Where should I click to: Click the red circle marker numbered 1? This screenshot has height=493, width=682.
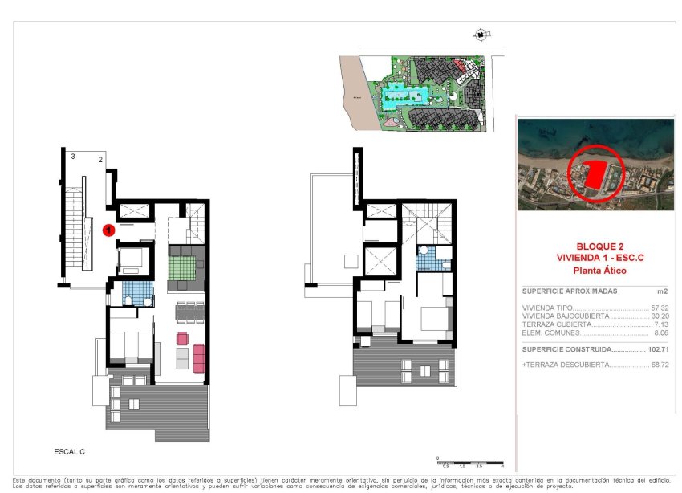[110, 230]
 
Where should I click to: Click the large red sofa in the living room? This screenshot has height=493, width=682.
[199, 358]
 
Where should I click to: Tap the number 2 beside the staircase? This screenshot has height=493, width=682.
[100, 160]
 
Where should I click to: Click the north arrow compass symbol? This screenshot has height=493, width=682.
[480, 35]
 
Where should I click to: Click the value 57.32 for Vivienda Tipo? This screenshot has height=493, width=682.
[660, 308]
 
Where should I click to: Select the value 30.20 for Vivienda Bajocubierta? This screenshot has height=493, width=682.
[660, 316]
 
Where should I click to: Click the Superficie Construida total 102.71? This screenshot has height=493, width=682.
[657, 349]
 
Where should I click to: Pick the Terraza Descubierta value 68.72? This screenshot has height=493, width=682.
[660, 365]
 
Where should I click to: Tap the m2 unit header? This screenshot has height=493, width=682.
[663, 291]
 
